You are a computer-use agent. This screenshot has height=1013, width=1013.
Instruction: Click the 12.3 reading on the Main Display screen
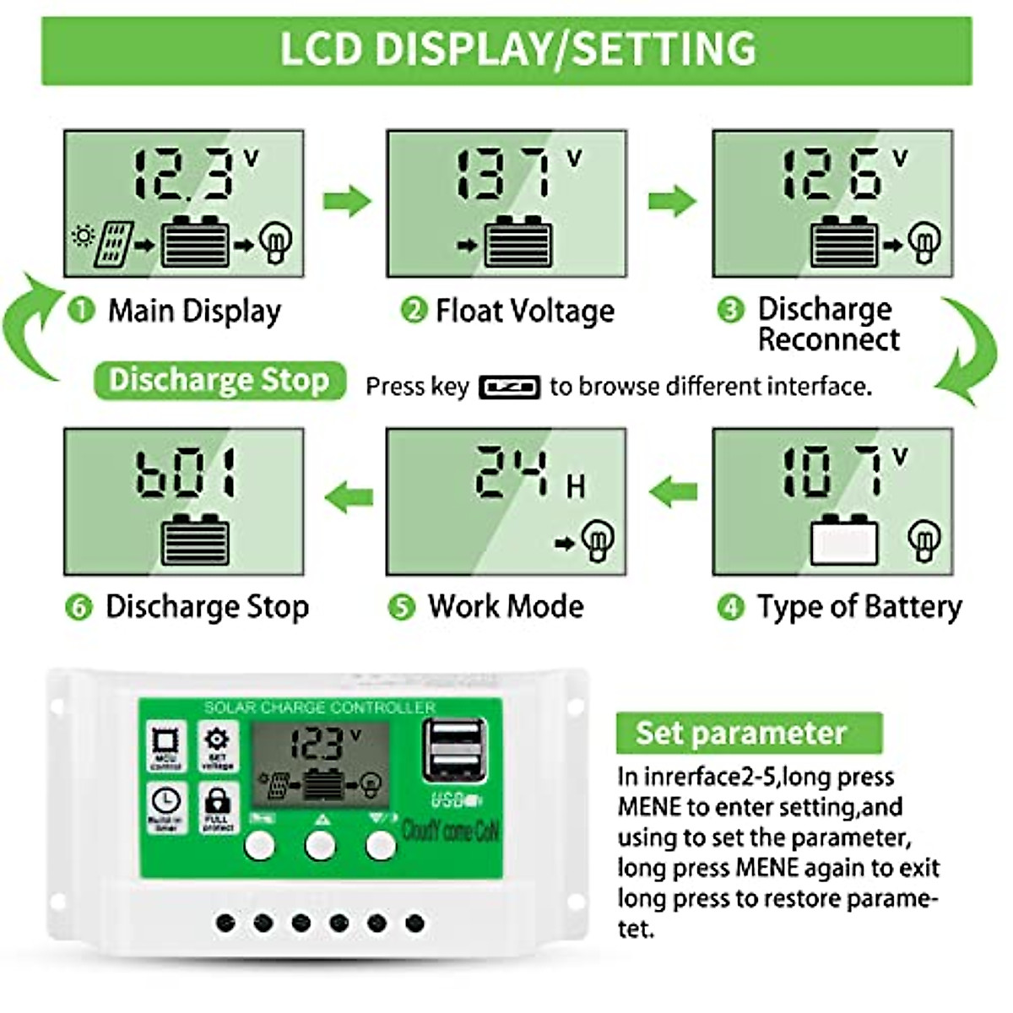181,175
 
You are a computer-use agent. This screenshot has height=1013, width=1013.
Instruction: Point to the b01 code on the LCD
187,473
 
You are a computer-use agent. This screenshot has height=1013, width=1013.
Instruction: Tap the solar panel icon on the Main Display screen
113,244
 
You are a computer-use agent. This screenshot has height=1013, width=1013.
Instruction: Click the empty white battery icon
843,539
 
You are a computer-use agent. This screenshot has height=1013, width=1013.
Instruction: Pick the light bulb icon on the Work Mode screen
599,540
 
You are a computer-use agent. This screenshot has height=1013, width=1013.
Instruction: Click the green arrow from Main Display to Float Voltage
347,201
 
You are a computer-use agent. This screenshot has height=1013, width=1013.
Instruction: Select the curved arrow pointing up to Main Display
30,329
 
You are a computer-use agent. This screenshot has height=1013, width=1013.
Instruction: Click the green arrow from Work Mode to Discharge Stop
348,496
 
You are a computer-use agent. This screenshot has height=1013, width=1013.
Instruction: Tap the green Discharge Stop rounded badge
219,380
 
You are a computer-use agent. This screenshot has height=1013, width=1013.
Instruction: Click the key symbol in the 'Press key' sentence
509,387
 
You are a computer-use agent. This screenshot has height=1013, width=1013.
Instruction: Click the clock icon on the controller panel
165,802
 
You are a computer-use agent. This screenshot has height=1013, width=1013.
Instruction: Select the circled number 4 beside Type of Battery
730,607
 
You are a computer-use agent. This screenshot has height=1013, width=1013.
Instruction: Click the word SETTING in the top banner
664,49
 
